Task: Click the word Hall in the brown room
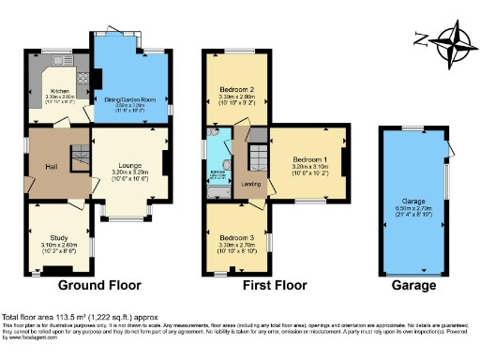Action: (51, 170)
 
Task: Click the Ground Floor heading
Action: (99, 285)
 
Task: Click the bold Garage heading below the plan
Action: (412, 285)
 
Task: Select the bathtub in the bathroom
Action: (216, 191)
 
